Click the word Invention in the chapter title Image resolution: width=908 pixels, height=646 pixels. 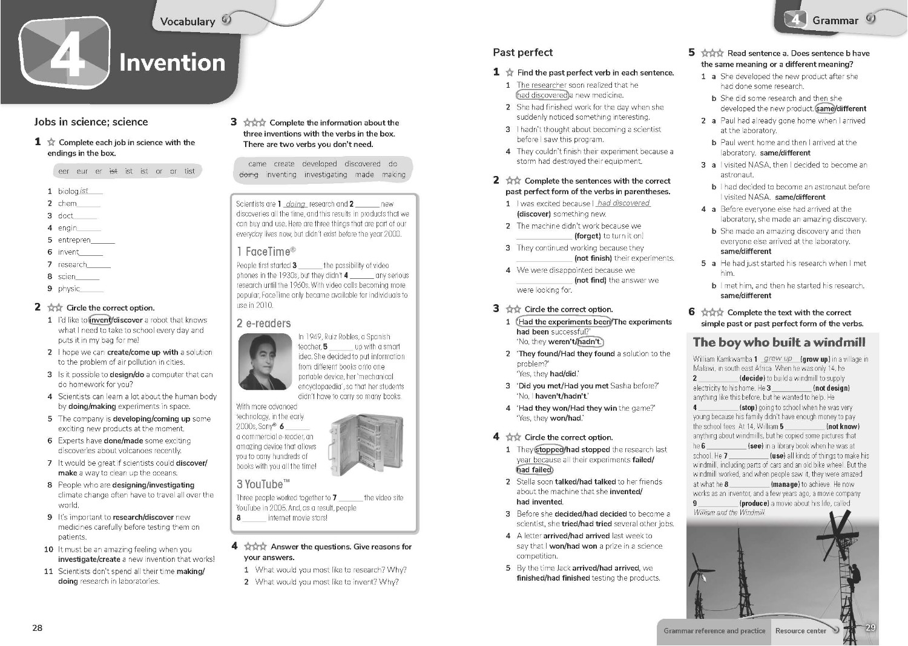click(x=172, y=62)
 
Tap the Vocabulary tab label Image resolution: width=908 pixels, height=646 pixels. click(x=187, y=21)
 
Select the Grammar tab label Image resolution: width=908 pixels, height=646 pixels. click(x=835, y=21)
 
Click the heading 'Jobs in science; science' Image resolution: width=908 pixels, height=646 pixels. click(x=91, y=122)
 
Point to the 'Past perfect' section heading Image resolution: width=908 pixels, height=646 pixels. click(x=522, y=53)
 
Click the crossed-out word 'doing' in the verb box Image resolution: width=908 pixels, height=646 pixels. click(x=248, y=175)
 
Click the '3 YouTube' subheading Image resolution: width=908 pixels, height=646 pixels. click(x=263, y=484)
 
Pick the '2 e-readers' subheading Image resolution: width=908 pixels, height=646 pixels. click(x=264, y=323)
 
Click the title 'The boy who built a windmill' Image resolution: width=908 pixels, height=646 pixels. click(x=779, y=342)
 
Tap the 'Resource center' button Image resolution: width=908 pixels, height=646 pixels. click(x=800, y=631)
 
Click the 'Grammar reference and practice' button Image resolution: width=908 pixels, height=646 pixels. click(x=714, y=631)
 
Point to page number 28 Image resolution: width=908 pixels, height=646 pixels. click(x=38, y=628)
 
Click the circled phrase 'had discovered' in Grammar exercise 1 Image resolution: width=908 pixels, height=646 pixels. click(x=542, y=95)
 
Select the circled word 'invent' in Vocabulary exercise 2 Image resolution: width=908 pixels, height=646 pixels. click(x=100, y=320)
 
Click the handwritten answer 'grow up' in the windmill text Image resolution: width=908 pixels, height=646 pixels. click(x=778, y=359)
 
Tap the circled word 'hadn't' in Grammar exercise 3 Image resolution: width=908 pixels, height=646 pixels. click(x=589, y=342)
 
